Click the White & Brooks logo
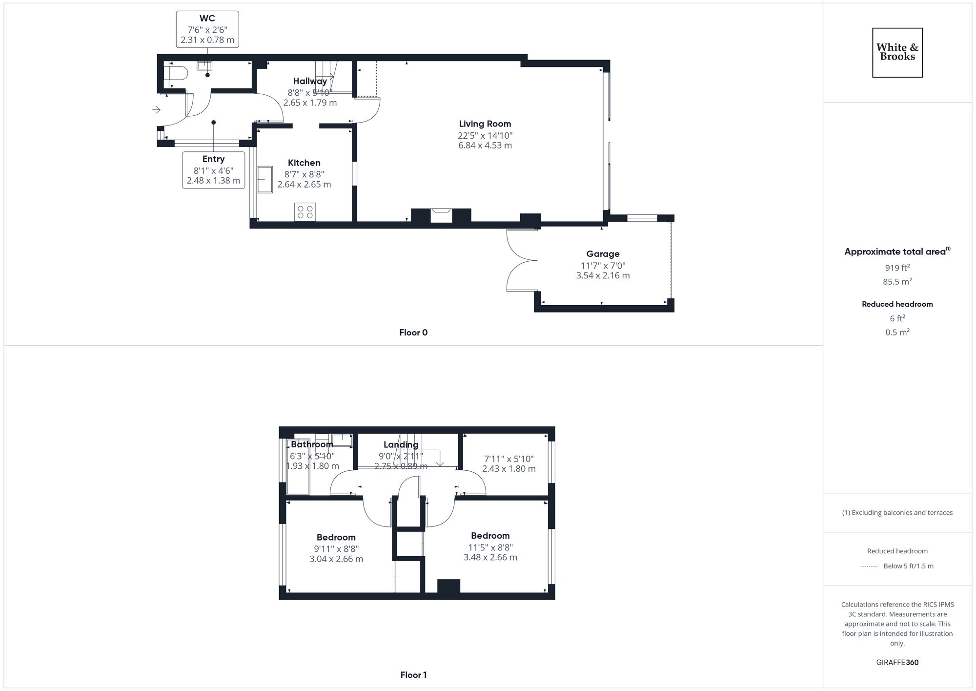coord(897,52)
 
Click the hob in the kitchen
coord(305,212)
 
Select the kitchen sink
coord(265,180)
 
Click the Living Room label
coord(485,124)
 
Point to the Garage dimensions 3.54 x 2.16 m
coord(603,275)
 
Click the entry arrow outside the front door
coord(156,110)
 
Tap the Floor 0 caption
coord(413,333)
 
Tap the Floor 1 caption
coord(413,675)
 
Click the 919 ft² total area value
coord(897,268)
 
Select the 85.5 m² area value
coord(897,281)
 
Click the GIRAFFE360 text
coord(897,662)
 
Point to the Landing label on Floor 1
coord(401,444)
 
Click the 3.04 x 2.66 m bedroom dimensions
coord(336,559)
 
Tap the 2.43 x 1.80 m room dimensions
coord(508,469)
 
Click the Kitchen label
coord(304,163)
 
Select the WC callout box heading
coord(207,19)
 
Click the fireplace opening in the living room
coord(441,215)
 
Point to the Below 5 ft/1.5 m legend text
coord(908,566)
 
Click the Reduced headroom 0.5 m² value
coord(897,332)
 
